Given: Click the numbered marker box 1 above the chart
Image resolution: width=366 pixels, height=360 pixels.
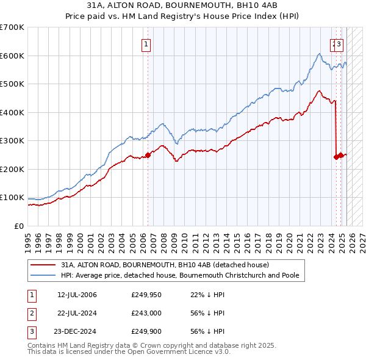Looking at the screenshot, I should coord(147,44).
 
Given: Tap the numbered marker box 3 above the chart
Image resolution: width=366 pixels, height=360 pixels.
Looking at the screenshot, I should coord(339,44).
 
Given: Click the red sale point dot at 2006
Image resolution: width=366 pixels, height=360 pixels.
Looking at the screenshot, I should coord(148,155).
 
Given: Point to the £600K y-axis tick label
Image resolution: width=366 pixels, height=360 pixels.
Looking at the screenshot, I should coord(12,56).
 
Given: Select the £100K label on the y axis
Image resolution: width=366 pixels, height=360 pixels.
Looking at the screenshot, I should coord(12,198).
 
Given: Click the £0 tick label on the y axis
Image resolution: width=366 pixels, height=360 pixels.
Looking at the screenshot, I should coord(18,226).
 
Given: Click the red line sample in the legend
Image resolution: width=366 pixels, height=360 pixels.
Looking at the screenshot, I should coord(44,265).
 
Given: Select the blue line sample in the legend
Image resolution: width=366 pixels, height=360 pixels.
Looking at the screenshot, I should coord(44,276).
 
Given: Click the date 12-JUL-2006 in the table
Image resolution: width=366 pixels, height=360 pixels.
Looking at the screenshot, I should coord(77,295).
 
